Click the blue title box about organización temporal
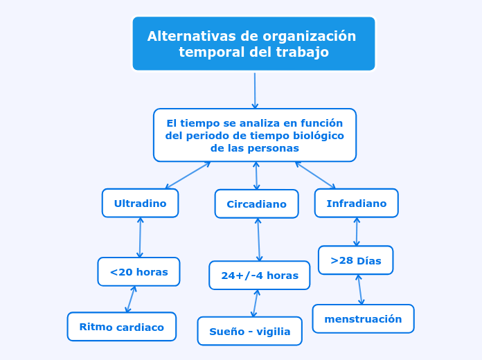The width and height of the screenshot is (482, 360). (254, 44)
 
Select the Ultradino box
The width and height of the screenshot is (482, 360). (140, 204)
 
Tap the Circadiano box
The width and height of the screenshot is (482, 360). (257, 204)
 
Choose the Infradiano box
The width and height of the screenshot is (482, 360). (357, 204)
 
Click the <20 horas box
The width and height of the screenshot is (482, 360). (139, 272)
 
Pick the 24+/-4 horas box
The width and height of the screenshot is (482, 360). (260, 276)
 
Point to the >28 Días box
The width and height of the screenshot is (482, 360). (356, 260)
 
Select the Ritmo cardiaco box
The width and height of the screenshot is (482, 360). (122, 327)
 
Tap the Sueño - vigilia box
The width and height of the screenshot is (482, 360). (250, 331)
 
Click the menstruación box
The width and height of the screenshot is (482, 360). (364, 318)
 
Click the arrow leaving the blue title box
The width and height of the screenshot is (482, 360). (255, 91)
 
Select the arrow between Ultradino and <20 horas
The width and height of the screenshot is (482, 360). (140, 237)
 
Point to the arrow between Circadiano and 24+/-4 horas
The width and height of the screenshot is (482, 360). (259, 240)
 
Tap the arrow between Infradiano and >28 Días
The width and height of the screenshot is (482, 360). (357, 232)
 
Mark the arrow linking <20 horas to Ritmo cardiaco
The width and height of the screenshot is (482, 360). (131, 299)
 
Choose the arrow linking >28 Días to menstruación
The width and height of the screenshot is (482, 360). (360, 289)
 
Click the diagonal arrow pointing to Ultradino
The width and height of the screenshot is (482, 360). (188, 175)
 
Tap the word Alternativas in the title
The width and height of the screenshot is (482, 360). (192, 36)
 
